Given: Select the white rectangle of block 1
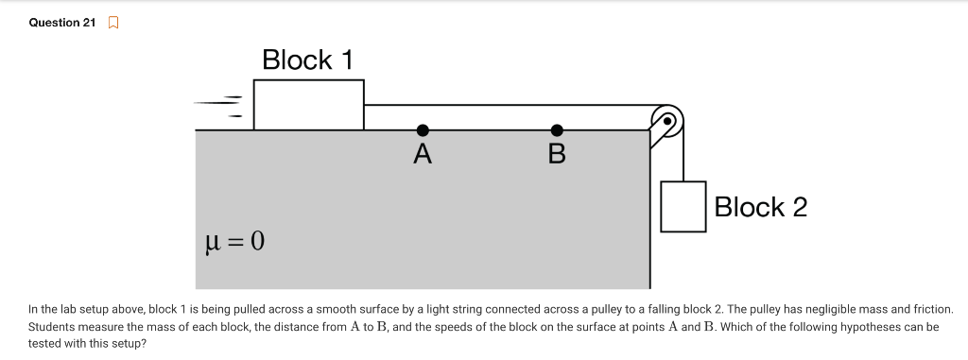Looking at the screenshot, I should pos(309,105).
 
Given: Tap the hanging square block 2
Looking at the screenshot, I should pos(683,207).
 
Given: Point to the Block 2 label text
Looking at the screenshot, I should pos(761,207).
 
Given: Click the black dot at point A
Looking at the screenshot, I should pos(423,129).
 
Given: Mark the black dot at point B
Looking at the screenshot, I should pos(557,129).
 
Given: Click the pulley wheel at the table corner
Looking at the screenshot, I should pos(667,121).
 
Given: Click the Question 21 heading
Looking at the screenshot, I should pos(62,23).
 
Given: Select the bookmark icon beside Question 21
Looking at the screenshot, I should pos(113,23).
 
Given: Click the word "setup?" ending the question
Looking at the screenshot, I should pos(129,343).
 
